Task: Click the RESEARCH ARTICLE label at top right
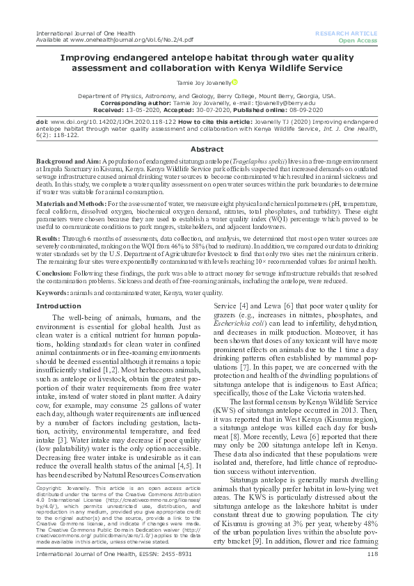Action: tap(346, 33)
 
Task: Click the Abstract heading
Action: tap(207, 149)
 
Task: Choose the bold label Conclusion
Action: tap(55, 272)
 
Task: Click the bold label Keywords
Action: tap(53, 294)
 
